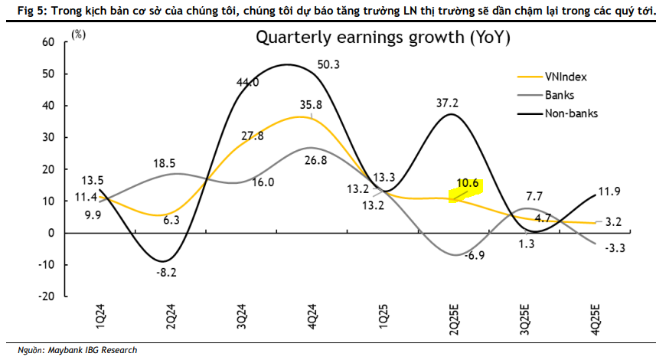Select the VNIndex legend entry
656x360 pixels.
[x=565, y=77]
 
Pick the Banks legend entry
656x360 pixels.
[x=559, y=95]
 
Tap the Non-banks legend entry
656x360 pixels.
[x=570, y=113]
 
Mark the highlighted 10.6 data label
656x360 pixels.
[x=467, y=184]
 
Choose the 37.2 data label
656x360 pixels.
[x=448, y=103]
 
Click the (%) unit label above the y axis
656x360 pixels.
[x=79, y=35]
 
